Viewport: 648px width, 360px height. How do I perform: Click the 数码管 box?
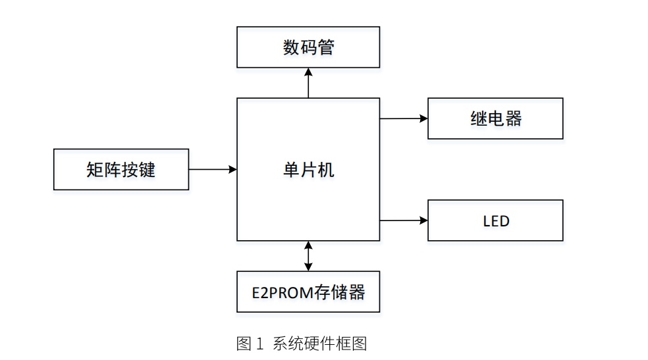[x=308, y=47]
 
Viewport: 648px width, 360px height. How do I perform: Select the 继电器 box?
[x=495, y=118]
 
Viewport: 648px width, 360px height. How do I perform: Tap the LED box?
[x=495, y=220]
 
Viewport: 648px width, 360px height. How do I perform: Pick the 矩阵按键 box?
[x=121, y=169]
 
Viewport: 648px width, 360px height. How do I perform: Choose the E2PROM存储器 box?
[x=308, y=292]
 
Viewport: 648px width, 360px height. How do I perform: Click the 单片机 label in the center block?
[x=308, y=170]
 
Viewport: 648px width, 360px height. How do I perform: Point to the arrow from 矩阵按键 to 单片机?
[x=212, y=169]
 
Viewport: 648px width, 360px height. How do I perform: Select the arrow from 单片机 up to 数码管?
[x=308, y=82]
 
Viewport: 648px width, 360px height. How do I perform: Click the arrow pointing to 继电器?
[x=403, y=118]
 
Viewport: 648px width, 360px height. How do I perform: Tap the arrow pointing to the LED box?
[x=403, y=220]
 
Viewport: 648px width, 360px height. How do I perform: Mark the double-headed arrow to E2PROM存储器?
[x=308, y=256]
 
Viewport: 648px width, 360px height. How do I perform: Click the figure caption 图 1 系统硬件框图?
[x=302, y=343]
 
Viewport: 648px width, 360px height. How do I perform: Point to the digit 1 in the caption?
[x=259, y=343]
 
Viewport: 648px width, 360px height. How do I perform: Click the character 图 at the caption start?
[x=244, y=343]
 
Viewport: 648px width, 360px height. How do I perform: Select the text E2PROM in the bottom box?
[x=283, y=292]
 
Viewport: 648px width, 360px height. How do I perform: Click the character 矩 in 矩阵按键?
[x=95, y=169]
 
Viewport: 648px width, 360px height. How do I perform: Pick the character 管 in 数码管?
[x=325, y=47]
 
